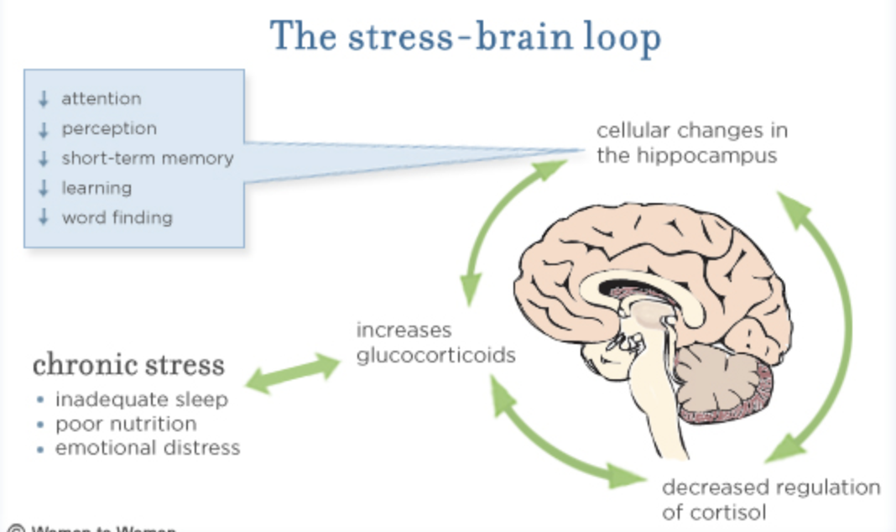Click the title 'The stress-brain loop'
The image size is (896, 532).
tap(466, 36)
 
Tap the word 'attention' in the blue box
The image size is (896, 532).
tap(101, 99)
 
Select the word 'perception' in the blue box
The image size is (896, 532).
tap(108, 129)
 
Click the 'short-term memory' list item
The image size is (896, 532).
tap(147, 159)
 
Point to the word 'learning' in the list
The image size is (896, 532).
tap(96, 188)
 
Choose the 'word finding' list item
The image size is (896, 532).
tap(117, 218)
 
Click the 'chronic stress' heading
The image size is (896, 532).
tap(128, 366)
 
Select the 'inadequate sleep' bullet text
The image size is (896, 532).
tap(141, 399)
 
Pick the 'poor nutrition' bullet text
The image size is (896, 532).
tap(126, 424)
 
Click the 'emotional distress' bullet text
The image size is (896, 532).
tap(148, 448)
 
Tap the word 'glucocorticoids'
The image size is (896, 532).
tap(435, 355)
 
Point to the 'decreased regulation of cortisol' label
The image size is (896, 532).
tap(770, 499)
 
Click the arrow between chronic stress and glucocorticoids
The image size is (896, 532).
tap(291, 373)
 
